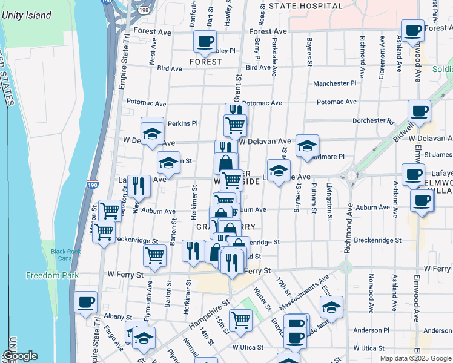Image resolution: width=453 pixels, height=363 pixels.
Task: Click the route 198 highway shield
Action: click(142, 11)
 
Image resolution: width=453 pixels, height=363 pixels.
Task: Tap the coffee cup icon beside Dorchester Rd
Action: click(419, 111)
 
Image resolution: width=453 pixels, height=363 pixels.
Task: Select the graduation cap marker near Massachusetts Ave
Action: click(331, 307)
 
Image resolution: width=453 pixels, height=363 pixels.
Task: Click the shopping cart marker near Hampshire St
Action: click(241, 319)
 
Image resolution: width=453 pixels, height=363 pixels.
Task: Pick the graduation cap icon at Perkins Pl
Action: click(152, 132)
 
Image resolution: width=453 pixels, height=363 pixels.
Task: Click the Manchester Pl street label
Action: click(334, 83)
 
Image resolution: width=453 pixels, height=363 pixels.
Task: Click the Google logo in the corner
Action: click(19, 356)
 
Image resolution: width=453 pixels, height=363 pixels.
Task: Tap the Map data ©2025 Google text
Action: click(415, 358)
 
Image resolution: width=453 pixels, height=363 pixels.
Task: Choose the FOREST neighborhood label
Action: click(205, 62)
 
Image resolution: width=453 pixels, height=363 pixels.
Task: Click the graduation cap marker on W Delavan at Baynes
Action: click(307, 145)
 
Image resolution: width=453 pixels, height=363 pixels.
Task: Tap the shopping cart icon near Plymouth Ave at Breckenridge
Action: click(155, 255)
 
